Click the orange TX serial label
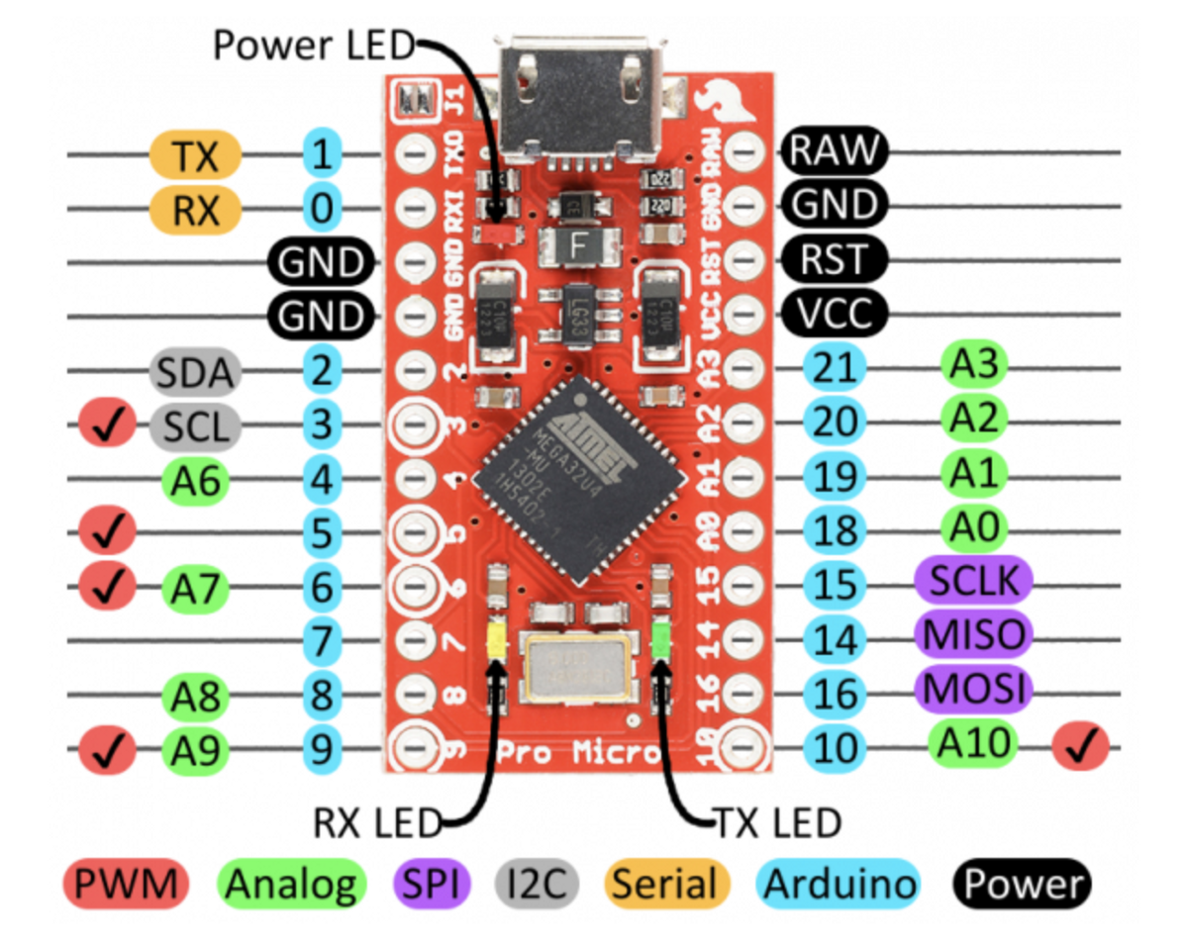coord(195,154)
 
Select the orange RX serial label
coord(195,210)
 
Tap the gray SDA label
coord(195,373)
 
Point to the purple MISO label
coord(974,634)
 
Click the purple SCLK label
coord(974,581)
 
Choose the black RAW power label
coord(834,151)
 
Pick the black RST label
coord(834,261)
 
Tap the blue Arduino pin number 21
coord(835,369)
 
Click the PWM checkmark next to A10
coord(1082,748)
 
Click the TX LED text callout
coord(777,820)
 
